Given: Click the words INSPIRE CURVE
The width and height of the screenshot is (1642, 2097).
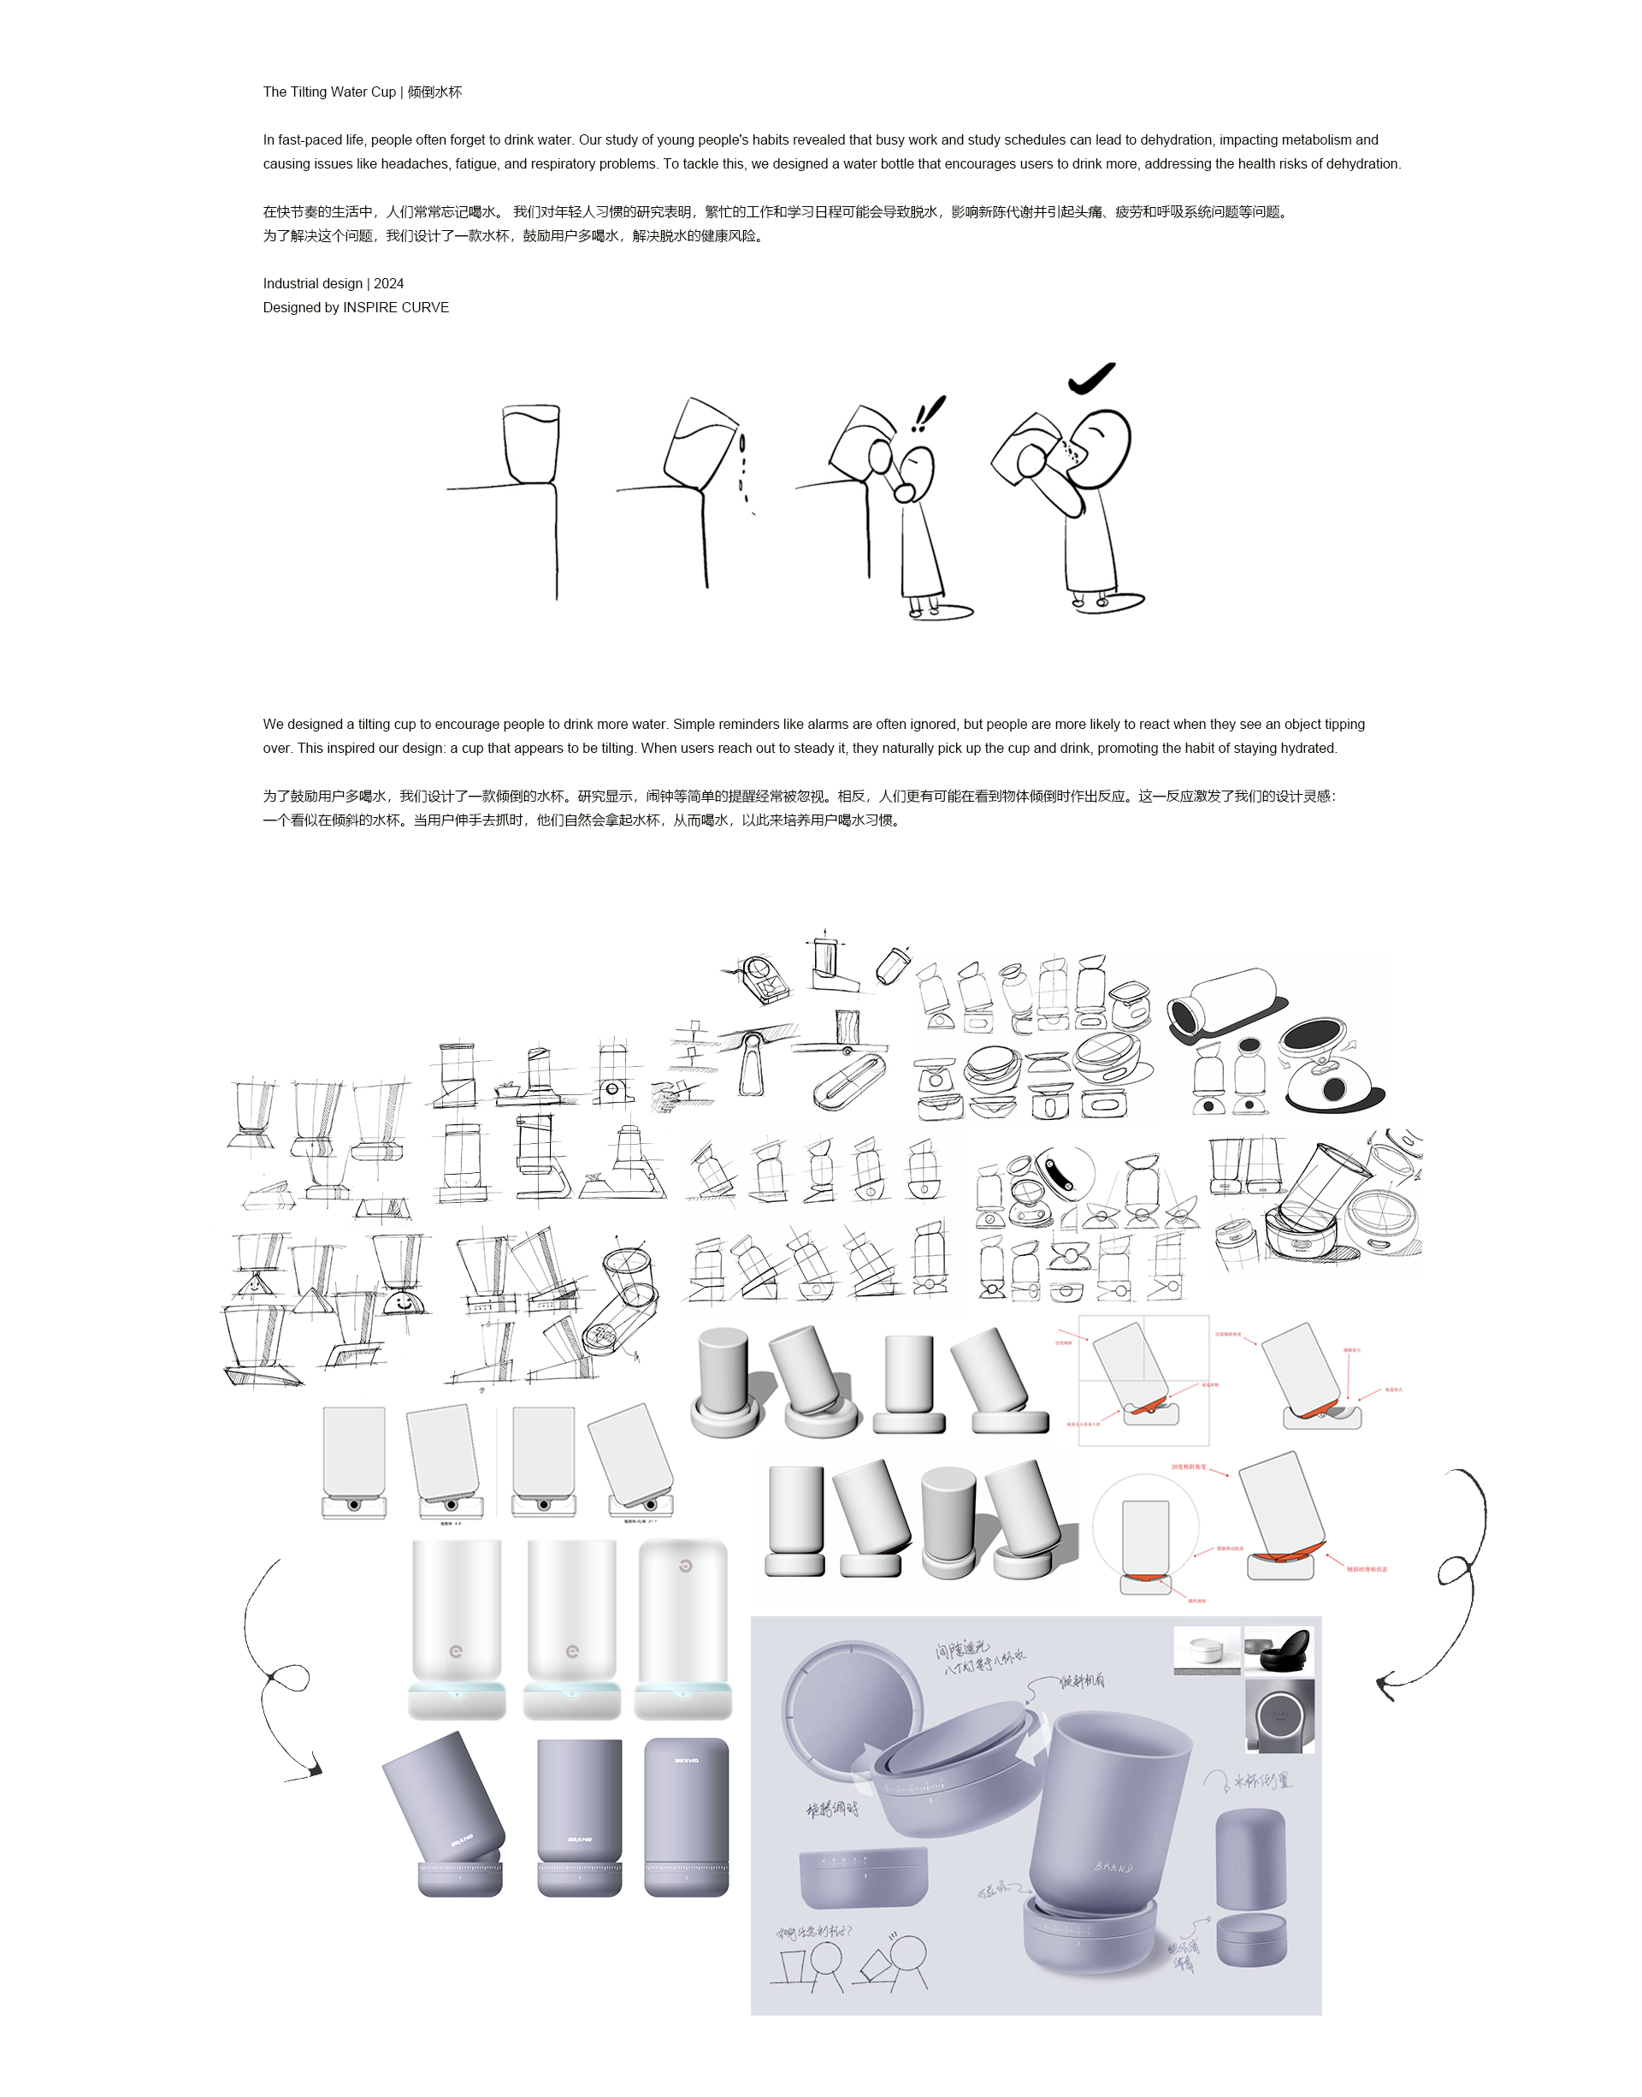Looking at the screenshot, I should click(x=395, y=308).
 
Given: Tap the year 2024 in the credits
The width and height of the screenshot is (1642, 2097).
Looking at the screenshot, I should click(x=388, y=284).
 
